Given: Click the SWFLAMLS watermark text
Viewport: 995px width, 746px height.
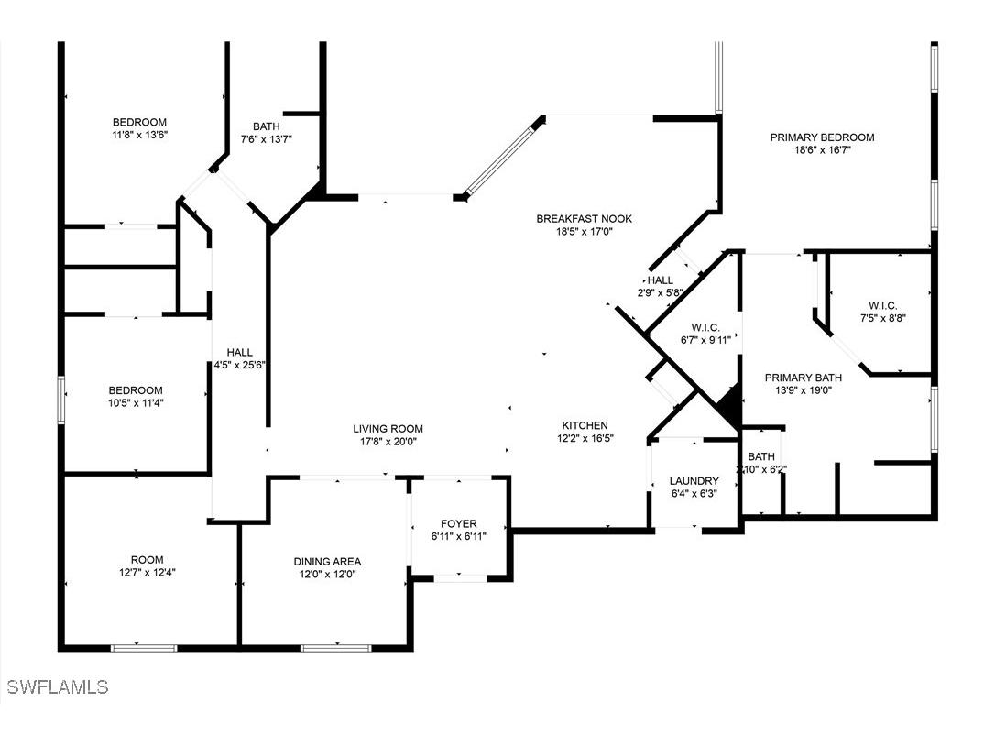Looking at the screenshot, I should click(x=57, y=686).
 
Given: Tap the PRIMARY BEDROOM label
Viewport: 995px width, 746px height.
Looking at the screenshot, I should click(x=822, y=137).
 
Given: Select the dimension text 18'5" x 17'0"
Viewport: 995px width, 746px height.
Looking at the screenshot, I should click(x=584, y=232).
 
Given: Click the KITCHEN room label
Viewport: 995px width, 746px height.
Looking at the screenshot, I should click(x=585, y=425).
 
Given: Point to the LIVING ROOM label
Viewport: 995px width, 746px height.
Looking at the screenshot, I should click(x=388, y=428).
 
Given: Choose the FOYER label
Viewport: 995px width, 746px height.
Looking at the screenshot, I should click(x=458, y=524).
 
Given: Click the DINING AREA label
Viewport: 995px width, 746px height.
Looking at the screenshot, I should click(x=327, y=561).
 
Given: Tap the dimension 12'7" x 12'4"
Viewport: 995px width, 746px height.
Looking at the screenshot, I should click(x=147, y=573).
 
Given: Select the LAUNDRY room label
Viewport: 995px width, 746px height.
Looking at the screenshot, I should click(x=694, y=481).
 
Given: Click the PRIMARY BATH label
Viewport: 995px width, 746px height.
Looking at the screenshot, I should click(x=804, y=377).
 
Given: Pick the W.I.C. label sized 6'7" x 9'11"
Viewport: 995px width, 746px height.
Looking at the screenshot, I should click(x=705, y=327).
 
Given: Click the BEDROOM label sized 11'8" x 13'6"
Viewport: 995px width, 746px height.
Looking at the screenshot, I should click(x=139, y=122).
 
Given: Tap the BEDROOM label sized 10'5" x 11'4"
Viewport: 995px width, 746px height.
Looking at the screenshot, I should click(x=136, y=389).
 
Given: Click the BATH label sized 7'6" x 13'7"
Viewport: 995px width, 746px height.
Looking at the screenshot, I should click(x=267, y=126).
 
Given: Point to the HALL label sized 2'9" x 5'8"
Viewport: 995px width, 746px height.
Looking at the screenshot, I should click(x=660, y=280).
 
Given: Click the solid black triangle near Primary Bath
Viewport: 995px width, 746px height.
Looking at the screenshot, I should click(x=729, y=406).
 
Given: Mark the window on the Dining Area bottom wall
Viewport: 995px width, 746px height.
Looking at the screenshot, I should click(x=335, y=648).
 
